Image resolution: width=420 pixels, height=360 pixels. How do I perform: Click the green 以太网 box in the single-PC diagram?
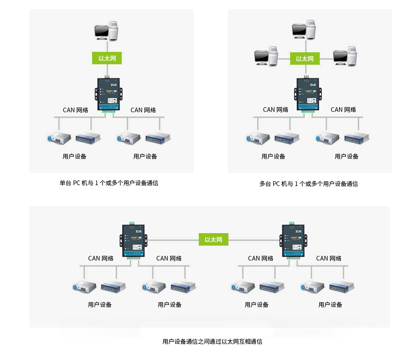(107, 58)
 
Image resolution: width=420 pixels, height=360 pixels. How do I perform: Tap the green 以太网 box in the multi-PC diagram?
(305, 59)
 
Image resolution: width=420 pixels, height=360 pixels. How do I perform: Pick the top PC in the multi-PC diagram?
(304, 30)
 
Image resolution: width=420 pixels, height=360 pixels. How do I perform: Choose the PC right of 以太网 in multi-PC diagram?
(345, 56)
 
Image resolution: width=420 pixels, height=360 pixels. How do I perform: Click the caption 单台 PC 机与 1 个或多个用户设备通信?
(109, 183)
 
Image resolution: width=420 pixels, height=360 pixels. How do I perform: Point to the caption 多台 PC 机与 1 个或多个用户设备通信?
(309, 184)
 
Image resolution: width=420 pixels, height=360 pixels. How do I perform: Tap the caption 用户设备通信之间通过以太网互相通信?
(212, 342)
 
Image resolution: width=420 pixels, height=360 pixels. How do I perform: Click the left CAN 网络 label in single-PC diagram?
(75, 110)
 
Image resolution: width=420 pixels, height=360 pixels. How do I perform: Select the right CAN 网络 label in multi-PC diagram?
(343, 110)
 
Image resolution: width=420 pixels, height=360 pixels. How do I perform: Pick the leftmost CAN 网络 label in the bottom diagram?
(101, 258)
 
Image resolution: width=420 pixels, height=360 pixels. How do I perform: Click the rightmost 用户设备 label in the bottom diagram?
(330, 305)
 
